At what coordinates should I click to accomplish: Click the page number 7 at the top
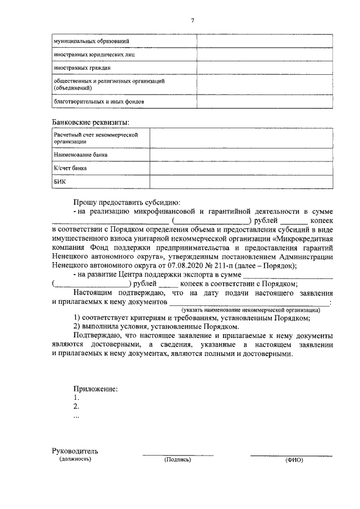[x=192, y=21]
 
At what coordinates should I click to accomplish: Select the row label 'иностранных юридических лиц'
[x=94, y=55]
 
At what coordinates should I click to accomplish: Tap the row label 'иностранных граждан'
[x=82, y=69]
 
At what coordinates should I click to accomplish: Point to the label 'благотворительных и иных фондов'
[x=98, y=102]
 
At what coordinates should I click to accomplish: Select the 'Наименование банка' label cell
[x=80, y=154]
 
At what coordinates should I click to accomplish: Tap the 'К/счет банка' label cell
[x=70, y=168]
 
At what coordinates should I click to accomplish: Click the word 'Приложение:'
[x=96, y=389]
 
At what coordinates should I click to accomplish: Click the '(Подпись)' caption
[x=178, y=460]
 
